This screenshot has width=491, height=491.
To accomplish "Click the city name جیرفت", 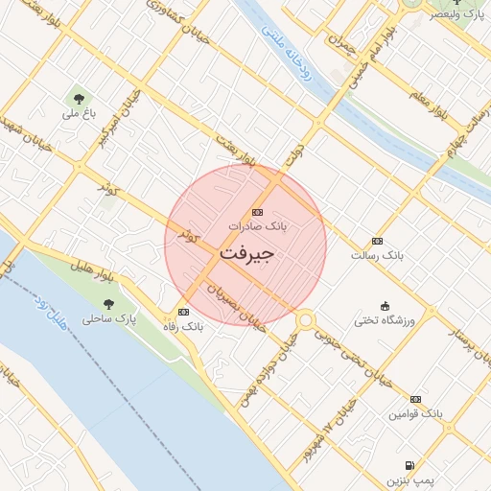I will tap(247, 254).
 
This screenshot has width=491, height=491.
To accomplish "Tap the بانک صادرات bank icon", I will tap(257, 212).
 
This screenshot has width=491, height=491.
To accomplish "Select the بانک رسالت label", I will tap(377, 256).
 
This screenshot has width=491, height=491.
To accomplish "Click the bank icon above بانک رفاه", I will tap(183, 312).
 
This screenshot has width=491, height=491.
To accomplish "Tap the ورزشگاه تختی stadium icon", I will tap(385, 305).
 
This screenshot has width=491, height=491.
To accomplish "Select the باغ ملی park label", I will tap(77, 112).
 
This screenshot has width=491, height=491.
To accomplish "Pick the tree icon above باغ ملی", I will tap(77, 96).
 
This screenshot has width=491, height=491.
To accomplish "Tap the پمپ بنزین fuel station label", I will tap(411, 478).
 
